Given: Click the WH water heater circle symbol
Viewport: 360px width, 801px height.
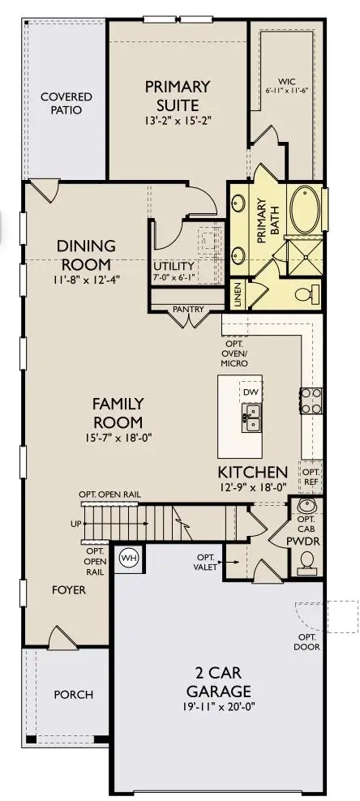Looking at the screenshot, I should point(128,558).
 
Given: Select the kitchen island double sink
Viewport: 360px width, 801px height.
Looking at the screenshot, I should point(252,419).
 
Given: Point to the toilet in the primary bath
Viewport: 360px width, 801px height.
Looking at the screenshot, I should point(310,293).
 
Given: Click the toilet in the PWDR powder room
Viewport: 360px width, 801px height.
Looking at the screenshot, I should point(307,559).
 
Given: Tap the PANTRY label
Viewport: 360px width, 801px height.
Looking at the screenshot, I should point(188,309).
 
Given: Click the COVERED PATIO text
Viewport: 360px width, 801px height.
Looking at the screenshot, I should point(66,104).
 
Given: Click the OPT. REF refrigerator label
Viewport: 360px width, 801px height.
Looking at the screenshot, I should point(311,475).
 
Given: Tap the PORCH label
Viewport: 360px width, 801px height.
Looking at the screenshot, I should point(73,695).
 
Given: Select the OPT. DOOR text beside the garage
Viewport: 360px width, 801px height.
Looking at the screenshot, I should point(308,641).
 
